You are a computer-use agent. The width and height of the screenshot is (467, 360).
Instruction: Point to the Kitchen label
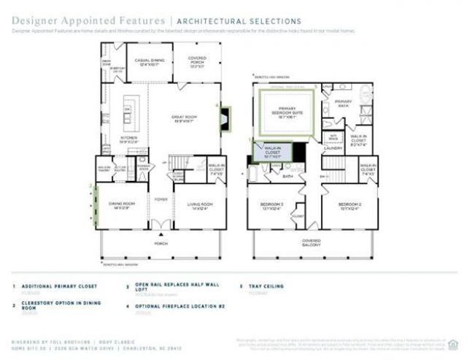coord(128,140)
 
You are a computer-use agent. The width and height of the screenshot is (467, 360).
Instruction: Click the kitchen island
coord(131,109)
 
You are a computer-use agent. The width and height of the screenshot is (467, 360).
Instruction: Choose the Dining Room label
coord(120,205)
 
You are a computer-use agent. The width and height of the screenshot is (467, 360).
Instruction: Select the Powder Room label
coord(144,166)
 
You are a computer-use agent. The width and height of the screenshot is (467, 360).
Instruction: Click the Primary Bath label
coord(343,103)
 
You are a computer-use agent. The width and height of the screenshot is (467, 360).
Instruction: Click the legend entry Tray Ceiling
coord(265,287)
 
